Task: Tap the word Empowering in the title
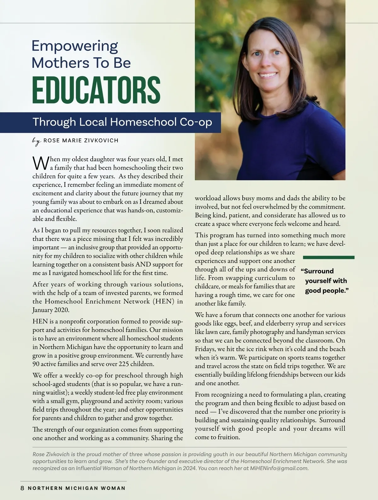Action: coord(75,46)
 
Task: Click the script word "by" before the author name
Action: coord(37,141)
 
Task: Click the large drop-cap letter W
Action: coord(40,163)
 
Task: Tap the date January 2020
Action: coord(50,310)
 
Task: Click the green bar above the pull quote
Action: coord(329,258)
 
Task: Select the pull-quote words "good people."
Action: coord(327,291)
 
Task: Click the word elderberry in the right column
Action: coord(303,323)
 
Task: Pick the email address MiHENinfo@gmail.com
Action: coord(278,468)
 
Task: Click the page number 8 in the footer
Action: coord(22,488)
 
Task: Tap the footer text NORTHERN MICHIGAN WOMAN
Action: coord(77,488)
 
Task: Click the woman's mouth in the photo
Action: coord(268,76)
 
